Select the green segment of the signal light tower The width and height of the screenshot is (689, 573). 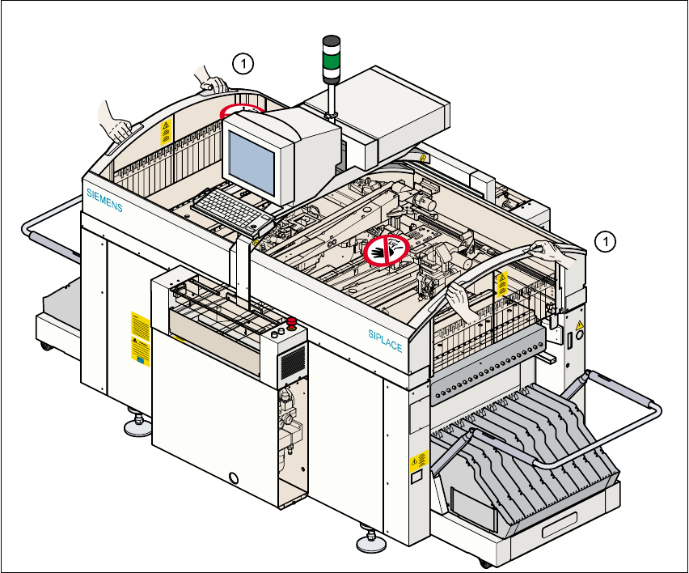(x=332, y=61)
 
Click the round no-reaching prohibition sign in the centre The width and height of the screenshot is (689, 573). (x=386, y=250)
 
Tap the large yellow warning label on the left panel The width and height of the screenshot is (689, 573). (x=141, y=339)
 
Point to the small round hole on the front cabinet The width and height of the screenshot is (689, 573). (x=235, y=478)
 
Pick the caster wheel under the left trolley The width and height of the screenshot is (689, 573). (x=44, y=346)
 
